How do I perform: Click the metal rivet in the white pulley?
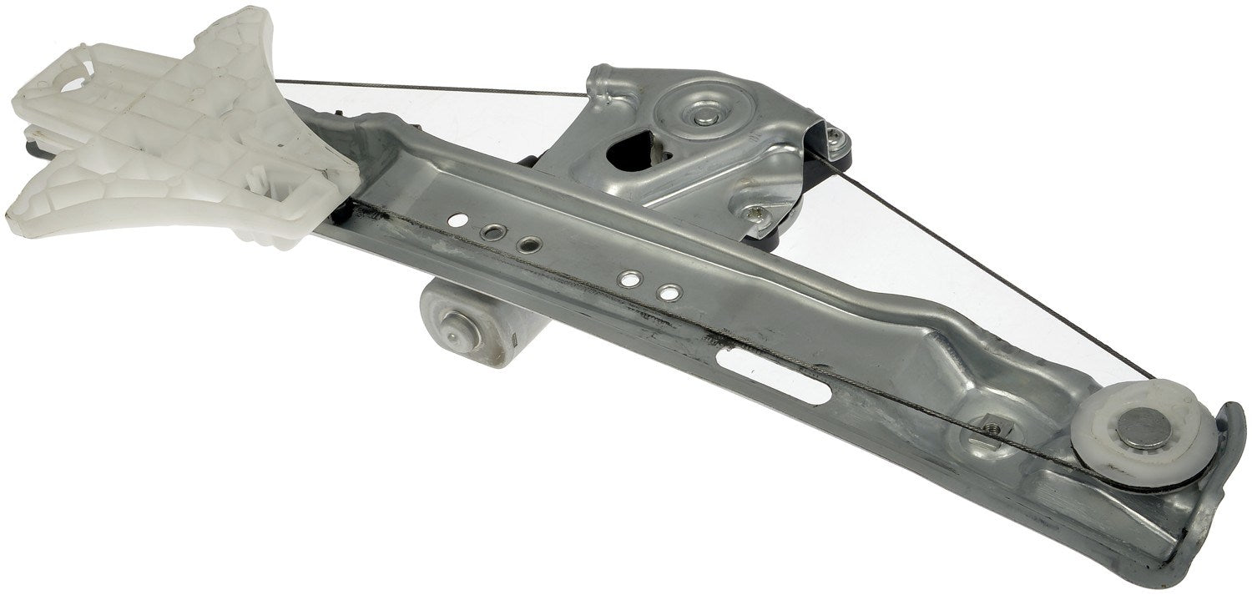(1144, 429)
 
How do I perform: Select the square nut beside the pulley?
(992, 427)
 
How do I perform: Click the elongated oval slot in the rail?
(772, 375)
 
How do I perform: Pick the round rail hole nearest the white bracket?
(457, 221)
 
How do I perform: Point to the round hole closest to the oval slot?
(668, 293)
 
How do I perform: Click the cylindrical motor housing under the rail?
(476, 321)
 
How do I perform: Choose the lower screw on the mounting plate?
(757, 214)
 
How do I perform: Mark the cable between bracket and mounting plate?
(434, 88)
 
